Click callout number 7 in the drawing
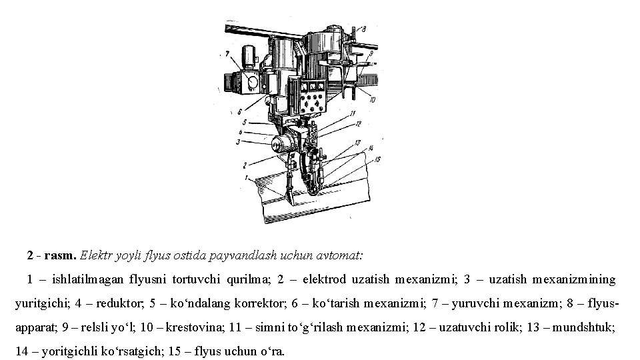[x=228, y=54]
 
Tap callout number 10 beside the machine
[x=372, y=100]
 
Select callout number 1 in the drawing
[x=247, y=178]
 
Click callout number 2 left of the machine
[x=245, y=165]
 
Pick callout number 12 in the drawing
[x=358, y=124]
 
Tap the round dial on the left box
[x=253, y=81]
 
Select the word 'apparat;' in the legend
[x=35, y=327]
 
